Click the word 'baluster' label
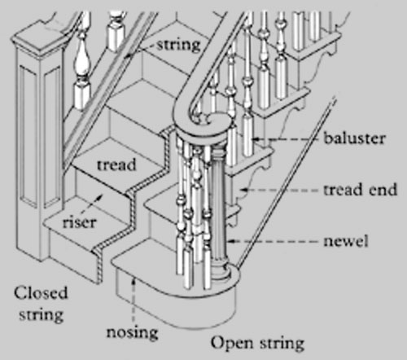(x=354, y=138)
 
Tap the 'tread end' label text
(x=360, y=189)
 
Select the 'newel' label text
(x=346, y=241)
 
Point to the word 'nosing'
(x=132, y=333)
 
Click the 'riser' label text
(x=80, y=222)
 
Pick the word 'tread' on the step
(x=116, y=165)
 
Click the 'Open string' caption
(x=257, y=344)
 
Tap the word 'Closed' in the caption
(x=41, y=293)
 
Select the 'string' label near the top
(x=179, y=45)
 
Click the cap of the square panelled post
(x=38, y=41)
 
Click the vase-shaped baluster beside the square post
(x=82, y=71)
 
